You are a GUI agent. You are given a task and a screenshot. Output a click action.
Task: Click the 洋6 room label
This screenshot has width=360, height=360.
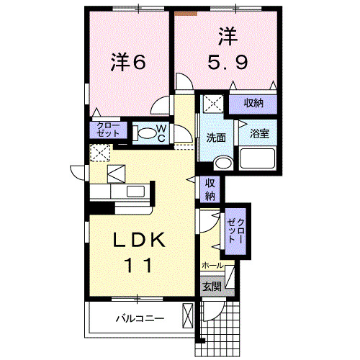tap(129, 62)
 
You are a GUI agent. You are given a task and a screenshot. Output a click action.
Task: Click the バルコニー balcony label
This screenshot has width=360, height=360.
tap(140, 318)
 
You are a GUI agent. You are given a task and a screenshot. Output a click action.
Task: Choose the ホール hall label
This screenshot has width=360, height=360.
tap(212, 266)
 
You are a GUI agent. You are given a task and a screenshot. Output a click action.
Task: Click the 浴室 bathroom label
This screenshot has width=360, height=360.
tap(258, 133)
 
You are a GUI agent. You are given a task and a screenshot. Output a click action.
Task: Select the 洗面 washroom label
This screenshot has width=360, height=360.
tap(217, 138)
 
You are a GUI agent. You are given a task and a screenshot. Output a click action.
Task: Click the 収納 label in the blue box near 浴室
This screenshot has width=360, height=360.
tap(253, 104)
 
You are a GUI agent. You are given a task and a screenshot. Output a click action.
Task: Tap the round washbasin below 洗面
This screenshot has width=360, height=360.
tap(224, 162)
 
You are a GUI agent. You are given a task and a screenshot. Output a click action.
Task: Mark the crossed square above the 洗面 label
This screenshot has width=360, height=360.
tap(212, 104)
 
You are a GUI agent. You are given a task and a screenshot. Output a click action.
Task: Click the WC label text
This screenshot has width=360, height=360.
tap(161, 132)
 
